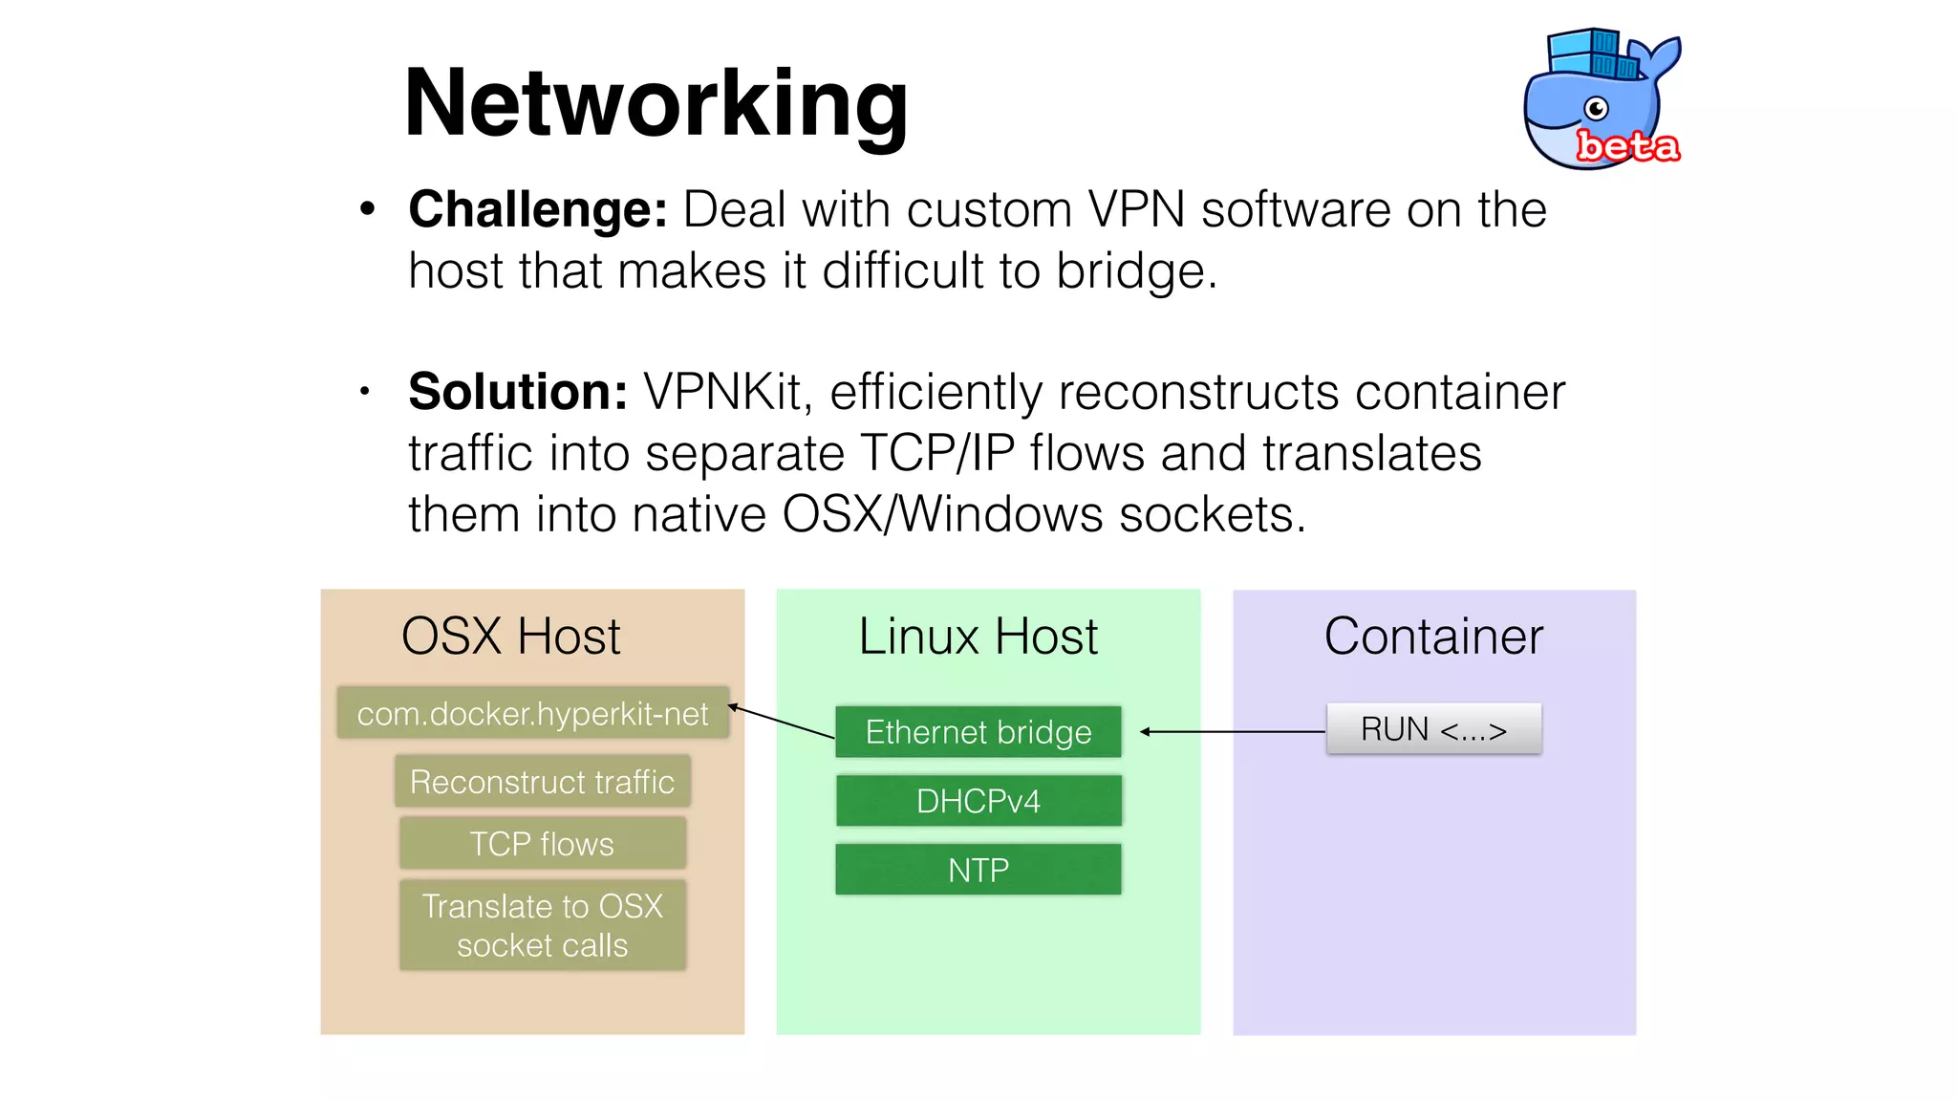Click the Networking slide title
click(x=656, y=103)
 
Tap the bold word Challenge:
click(x=538, y=209)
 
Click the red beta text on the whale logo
click(x=1627, y=146)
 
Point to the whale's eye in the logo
click(x=1596, y=108)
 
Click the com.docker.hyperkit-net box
click(x=532, y=713)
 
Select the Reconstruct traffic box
click(x=542, y=782)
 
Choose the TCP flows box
click(x=542, y=843)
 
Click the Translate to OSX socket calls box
click(x=542, y=925)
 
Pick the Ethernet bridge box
click(x=978, y=732)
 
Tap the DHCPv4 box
click(x=978, y=801)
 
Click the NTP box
click(x=978, y=870)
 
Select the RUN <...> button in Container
click(x=1433, y=729)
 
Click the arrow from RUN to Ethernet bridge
click(x=1233, y=732)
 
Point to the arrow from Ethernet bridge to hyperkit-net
click(x=782, y=722)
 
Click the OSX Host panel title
click(x=510, y=637)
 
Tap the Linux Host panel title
click(x=978, y=637)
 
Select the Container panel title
click(x=1433, y=637)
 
